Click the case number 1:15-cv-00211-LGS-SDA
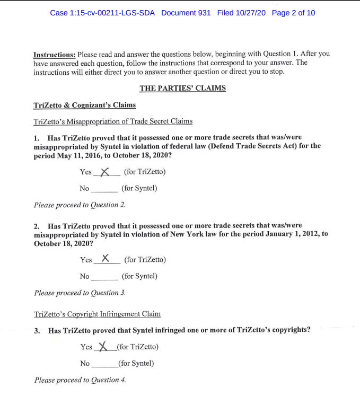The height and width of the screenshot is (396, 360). [102, 13]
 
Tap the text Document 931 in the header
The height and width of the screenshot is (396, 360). [186, 13]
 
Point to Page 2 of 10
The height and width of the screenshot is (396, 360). [293, 13]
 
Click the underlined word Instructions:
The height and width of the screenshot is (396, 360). [55, 55]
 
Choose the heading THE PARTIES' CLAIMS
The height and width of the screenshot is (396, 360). [182, 88]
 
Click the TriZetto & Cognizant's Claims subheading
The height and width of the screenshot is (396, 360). [84, 105]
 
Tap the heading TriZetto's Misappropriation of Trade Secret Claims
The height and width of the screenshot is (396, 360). [113, 121]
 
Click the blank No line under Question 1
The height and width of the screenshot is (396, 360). [104, 188]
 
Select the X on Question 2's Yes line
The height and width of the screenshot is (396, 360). [106, 259]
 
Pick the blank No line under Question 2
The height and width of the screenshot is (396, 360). [104, 276]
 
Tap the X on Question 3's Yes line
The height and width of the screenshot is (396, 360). [104, 347]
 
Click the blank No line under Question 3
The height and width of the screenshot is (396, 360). [103, 364]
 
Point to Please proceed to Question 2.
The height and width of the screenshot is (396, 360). [80, 205]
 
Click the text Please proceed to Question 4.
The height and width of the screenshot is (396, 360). [80, 380]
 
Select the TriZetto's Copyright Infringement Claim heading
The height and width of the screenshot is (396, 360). [97, 314]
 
